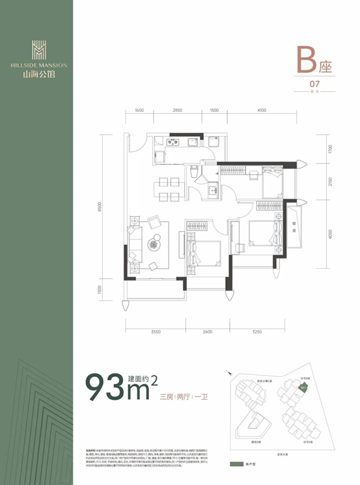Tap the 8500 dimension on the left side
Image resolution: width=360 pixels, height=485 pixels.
click(100, 207)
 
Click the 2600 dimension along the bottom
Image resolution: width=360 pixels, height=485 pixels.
click(207, 332)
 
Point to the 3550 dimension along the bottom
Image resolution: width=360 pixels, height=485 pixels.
click(156, 332)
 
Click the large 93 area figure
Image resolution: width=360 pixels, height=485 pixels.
click(110, 389)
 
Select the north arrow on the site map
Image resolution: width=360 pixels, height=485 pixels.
click(229, 373)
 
